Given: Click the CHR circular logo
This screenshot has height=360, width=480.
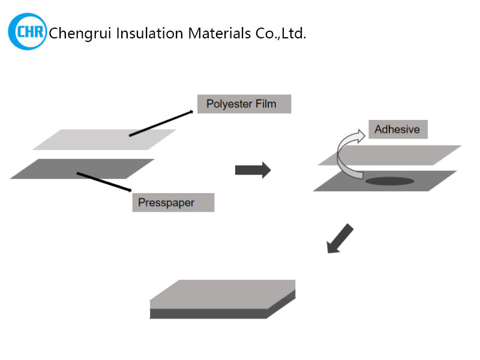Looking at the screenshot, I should [x=27, y=31].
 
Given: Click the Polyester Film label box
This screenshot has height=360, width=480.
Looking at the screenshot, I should [x=244, y=104].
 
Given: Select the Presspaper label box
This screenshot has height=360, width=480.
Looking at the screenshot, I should [x=173, y=202].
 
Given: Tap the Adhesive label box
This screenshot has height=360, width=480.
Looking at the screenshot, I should [x=397, y=129].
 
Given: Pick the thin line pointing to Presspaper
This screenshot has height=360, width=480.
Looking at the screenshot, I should [x=104, y=182].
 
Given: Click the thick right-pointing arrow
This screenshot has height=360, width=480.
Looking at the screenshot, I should [x=253, y=170].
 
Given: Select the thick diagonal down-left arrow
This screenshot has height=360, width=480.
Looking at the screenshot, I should [x=340, y=238].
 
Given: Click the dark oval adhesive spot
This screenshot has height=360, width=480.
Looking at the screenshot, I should [x=389, y=181].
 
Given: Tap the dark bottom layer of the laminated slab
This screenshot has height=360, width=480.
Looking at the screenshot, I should [x=207, y=314].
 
